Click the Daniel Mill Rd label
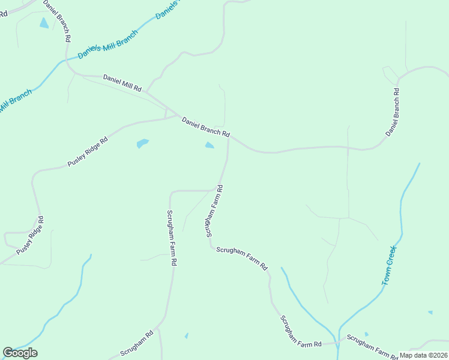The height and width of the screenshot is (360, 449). (122, 83)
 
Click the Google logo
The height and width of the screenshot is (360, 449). (20, 353)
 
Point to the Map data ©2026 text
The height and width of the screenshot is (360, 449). (424, 355)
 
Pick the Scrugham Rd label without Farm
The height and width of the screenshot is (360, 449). (137, 343)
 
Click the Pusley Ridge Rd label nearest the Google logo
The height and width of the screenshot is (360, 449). (31, 236)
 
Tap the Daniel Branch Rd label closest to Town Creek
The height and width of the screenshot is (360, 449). (393, 111)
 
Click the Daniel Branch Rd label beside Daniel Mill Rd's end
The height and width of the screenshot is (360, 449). (206, 127)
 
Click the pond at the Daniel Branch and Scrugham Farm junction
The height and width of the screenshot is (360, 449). (209, 145)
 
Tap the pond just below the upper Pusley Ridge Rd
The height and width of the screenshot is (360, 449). (142, 143)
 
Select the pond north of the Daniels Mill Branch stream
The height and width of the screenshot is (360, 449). (44, 23)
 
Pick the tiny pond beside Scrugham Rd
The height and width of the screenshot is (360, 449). (186, 335)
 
